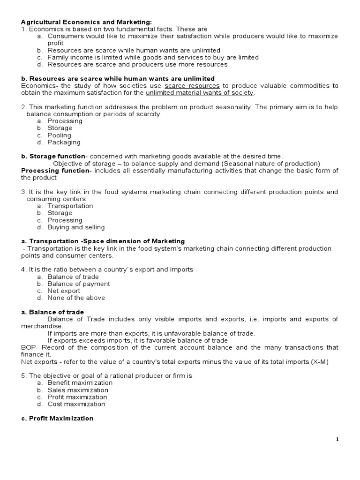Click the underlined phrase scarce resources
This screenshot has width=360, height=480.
(x=192, y=86)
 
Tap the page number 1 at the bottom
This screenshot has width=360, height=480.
(x=337, y=439)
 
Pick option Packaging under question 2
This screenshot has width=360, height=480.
(x=64, y=142)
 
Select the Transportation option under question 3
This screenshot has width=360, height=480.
(x=70, y=206)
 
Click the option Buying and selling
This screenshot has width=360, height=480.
(x=76, y=227)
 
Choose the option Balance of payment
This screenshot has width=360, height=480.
(x=79, y=284)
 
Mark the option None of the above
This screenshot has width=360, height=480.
(x=76, y=298)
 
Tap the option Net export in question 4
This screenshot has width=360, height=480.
(x=64, y=291)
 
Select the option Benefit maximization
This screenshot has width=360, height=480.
(x=80, y=382)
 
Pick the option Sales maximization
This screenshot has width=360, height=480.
(x=77, y=390)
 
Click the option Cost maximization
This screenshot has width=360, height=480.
(x=76, y=404)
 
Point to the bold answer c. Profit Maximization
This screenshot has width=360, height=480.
(x=57, y=418)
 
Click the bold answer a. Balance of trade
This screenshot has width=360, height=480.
(x=52, y=312)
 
